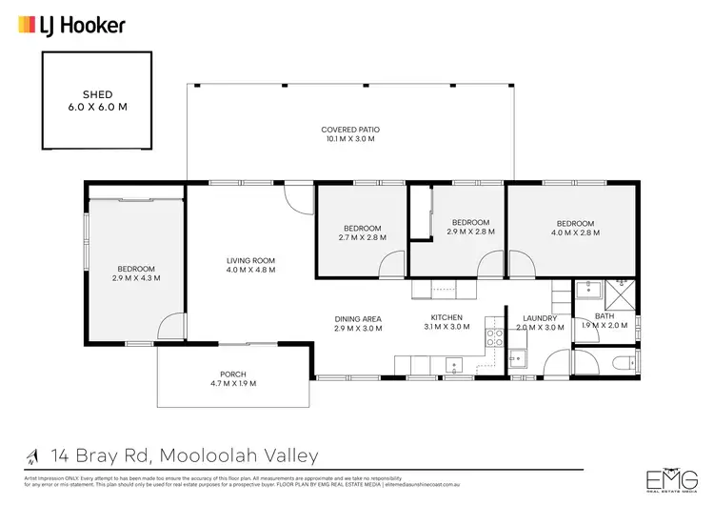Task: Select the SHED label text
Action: click(x=97, y=95)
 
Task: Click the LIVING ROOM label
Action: click(x=250, y=260)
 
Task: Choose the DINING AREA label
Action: click(x=358, y=318)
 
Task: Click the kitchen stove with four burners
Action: click(x=494, y=336)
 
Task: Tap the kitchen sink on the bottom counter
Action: click(x=455, y=363)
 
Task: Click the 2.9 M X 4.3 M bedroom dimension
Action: click(x=136, y=278)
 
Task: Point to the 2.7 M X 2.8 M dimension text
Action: click(x=363, y=238)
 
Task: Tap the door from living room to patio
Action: click(x=297, y=198)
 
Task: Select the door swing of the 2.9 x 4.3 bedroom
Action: click(x=169, y=328)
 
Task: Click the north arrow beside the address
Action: click(x=34, y=456)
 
